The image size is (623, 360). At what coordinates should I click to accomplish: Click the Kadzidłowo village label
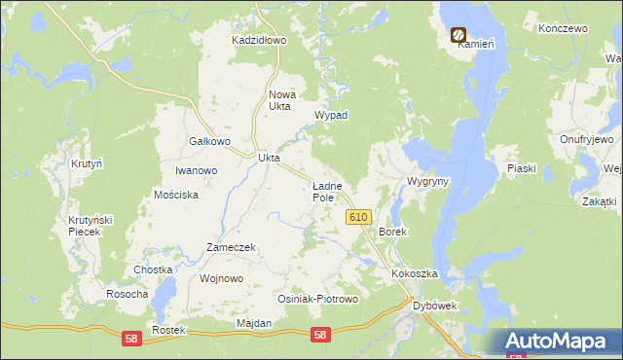259,41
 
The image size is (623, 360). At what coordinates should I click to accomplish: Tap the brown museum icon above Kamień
458,34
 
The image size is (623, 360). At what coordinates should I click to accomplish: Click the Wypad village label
331,115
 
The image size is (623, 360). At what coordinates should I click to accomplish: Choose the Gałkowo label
208,141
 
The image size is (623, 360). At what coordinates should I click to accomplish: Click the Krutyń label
87,164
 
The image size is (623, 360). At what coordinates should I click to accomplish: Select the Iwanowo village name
196,170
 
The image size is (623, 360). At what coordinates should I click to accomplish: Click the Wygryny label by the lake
427,182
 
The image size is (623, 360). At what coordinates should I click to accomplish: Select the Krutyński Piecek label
91,226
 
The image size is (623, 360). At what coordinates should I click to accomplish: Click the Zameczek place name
231,247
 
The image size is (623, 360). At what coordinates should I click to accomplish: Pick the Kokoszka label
416,274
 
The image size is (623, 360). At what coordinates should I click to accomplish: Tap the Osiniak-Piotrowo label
318,299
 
